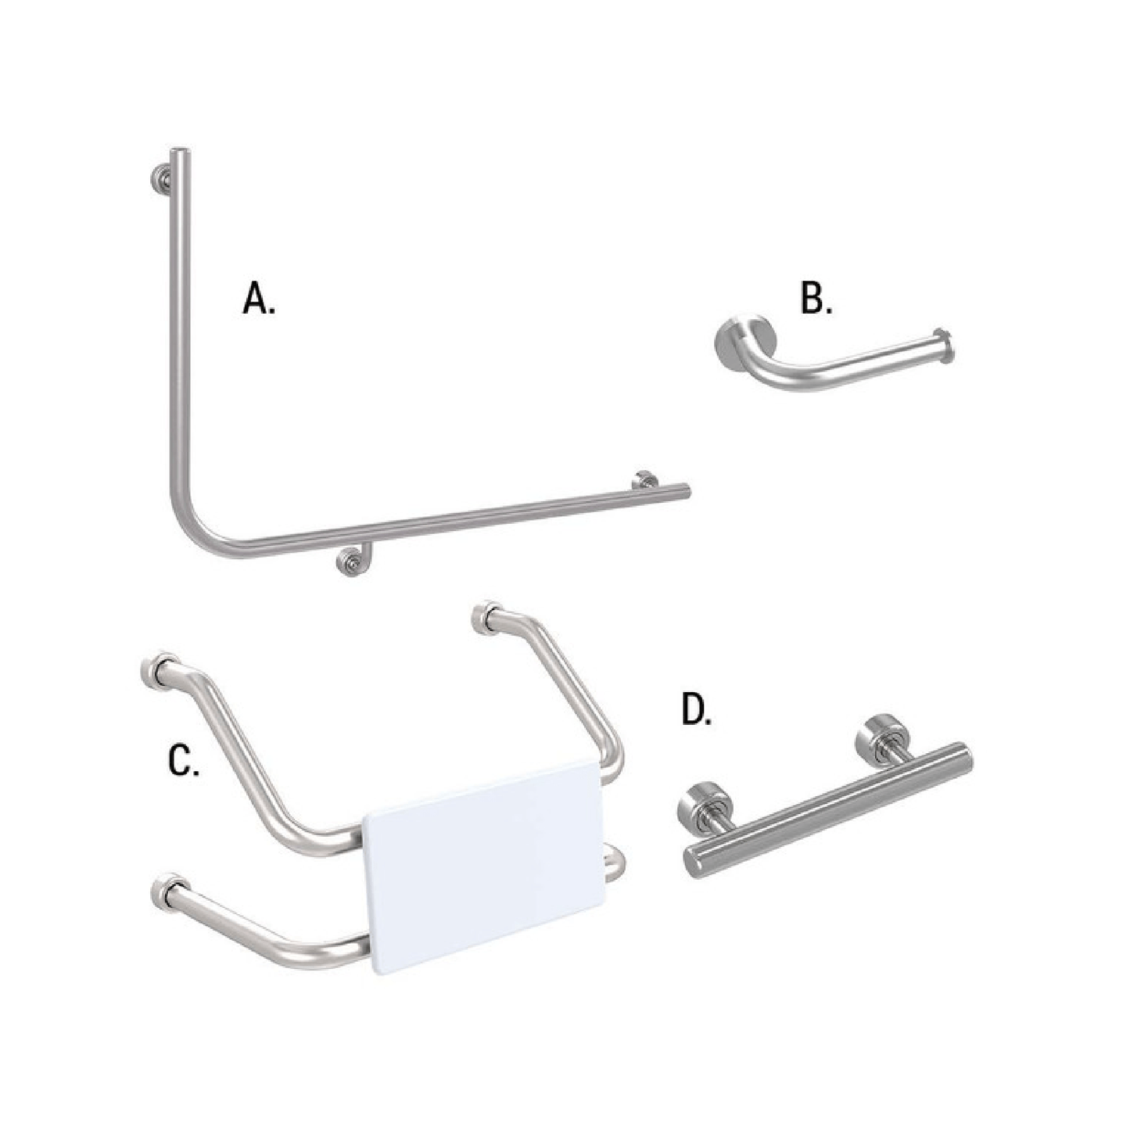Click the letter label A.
tap(258, 299)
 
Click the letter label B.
tap(816, 299)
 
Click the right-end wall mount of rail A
tap(644, 479)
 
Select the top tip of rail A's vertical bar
tap(180, 152)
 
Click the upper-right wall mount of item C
tap(490, 617)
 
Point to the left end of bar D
tap(693, 862)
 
